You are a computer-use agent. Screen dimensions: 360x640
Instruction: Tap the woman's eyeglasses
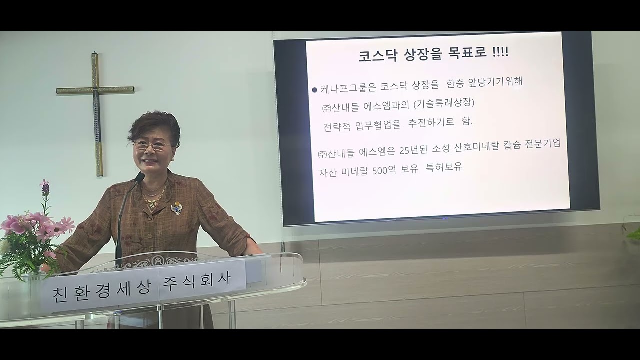151,145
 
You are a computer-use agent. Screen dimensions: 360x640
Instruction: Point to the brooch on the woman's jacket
176,208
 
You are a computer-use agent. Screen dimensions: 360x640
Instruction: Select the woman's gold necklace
153,197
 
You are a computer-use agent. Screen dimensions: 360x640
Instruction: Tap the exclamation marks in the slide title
500,52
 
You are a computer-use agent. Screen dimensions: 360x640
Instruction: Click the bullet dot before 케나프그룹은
314,90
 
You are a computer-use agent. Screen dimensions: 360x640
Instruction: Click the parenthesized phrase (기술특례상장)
443,103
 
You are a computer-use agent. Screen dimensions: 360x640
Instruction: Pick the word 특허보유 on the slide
444,167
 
